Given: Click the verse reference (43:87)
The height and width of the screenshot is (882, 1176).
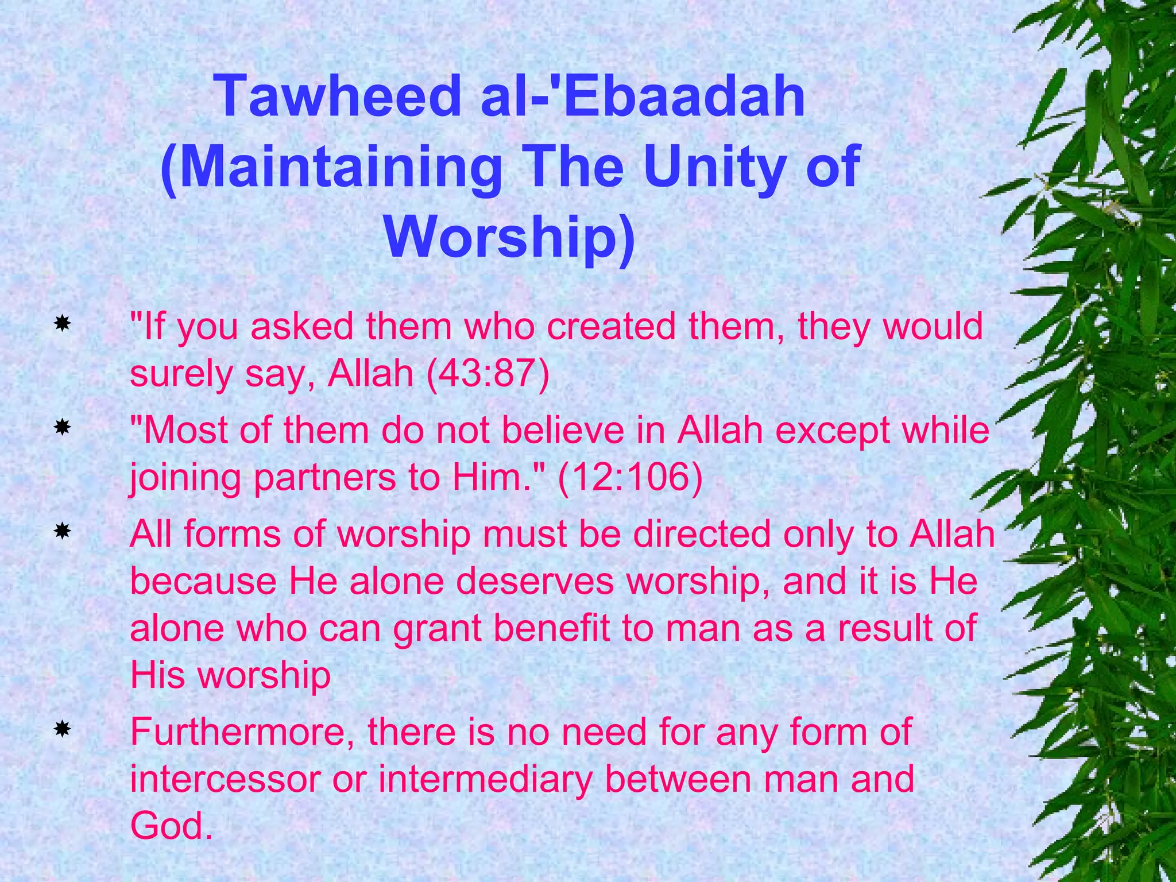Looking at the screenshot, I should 488,374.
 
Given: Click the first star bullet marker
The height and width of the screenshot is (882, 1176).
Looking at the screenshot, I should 62,324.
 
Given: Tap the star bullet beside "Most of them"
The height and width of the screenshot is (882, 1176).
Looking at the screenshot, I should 62,428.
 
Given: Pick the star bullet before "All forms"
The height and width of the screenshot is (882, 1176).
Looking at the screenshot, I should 62,532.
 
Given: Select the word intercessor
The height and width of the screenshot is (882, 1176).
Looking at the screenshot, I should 225,780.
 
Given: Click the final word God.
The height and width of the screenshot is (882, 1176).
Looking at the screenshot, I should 168,827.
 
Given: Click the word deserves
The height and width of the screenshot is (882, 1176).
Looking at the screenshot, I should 535,581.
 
